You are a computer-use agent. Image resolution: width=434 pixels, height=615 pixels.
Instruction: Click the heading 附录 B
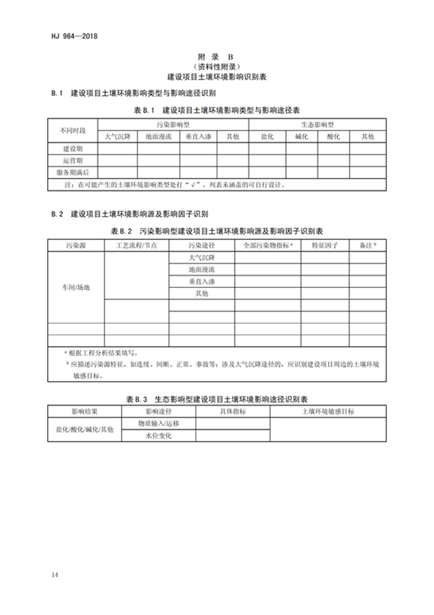coord(217,57)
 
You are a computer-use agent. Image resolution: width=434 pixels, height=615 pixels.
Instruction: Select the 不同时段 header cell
coord(72,131)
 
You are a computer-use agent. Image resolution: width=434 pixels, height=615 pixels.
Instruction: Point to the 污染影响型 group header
coord(173,125)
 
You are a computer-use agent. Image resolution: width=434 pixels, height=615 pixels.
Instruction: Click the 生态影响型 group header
coord(317,125)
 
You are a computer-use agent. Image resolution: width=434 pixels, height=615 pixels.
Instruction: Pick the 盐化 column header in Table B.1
coord(267,137)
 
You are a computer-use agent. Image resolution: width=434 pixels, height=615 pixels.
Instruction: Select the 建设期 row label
coord(72,149)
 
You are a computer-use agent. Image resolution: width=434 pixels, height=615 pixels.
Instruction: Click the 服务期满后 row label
coord(72,173)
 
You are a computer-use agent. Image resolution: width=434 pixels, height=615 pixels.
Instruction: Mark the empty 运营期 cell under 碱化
coord(301,161)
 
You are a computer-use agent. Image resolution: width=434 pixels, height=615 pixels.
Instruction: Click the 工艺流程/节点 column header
coord(137,246)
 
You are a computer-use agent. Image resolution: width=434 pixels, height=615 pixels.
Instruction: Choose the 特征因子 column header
coord(324,246)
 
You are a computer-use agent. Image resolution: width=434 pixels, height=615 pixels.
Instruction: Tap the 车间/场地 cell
coord(75,287)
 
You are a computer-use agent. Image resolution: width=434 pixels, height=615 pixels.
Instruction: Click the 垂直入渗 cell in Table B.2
coord(202,281)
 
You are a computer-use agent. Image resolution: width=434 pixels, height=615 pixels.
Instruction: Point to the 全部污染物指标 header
coord(268,246)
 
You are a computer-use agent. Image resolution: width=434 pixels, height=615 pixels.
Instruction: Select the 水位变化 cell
coord(158,436)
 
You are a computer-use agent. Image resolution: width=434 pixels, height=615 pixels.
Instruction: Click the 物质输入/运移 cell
coord(158,424)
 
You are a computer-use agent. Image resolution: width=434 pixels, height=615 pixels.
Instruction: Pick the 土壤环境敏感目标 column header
coord(328,412)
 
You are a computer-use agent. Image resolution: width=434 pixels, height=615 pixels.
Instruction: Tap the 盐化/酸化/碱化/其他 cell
coord(85,430)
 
